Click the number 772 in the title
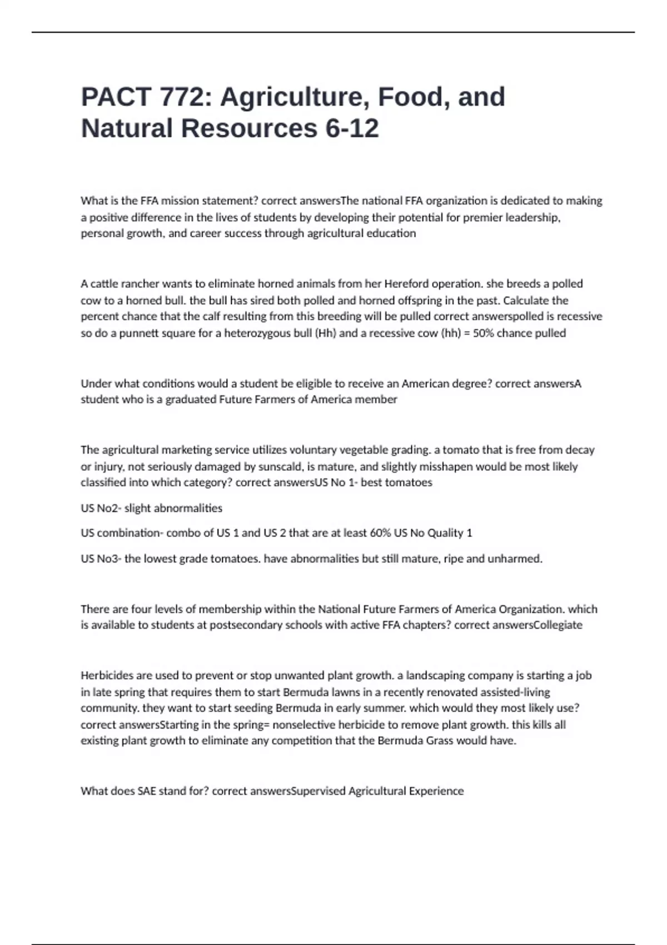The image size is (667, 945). tap(182, 97)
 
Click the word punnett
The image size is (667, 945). tap(143, 334)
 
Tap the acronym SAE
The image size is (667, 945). tap(146, 791)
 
